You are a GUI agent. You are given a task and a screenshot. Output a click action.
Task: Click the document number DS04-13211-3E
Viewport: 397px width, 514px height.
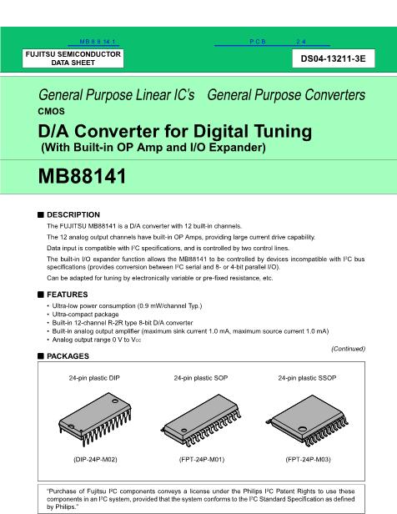pos(333,58)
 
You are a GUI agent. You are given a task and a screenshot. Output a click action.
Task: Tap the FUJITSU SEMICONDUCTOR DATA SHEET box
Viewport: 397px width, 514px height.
pos(73,58)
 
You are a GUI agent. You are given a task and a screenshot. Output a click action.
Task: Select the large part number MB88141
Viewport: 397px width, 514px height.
pos(82,176)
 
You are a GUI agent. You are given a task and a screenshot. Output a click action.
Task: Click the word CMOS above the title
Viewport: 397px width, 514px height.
pos(51,112)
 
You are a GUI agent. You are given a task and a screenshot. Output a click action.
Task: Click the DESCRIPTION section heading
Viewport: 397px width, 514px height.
pos(73,214)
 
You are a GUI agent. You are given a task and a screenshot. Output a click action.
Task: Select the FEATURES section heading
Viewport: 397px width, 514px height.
pos(68,295)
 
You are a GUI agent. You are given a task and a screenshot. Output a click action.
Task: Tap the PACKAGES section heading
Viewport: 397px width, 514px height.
pos(68,356)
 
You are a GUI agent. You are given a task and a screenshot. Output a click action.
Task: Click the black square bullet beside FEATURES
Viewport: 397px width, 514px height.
pos(41,295)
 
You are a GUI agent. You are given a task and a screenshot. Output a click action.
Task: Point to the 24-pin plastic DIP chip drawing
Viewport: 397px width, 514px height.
pos(95,419)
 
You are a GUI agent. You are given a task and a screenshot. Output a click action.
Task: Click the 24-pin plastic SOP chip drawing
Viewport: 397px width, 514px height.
pos(201,421)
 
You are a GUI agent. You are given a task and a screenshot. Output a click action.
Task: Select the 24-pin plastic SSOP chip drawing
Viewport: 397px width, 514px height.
pos(307,421)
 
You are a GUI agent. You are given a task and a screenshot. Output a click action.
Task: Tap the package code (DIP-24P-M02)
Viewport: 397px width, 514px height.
pos(95,459)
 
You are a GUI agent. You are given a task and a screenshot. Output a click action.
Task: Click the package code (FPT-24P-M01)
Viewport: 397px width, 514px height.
pos(202,459)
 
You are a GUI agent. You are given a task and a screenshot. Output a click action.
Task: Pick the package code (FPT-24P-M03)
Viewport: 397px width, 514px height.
pos(309,459)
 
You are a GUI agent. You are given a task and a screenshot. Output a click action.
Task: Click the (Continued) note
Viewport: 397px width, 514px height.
pos(348,349)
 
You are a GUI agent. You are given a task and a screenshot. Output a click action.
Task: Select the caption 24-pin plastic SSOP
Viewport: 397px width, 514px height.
pos(307,378)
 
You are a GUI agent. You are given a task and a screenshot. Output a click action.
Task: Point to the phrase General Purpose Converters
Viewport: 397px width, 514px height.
pos(286,95)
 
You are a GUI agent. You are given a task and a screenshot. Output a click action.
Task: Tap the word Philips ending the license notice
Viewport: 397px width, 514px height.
pos(66,506)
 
